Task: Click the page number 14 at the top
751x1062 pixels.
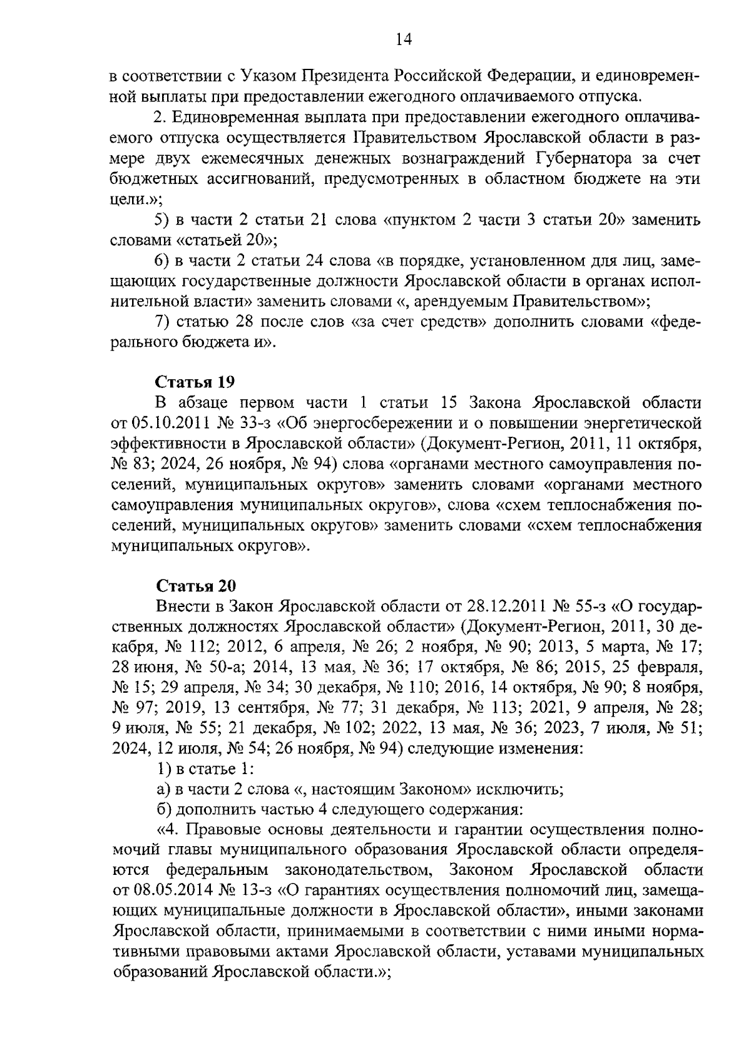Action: (403, 39)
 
